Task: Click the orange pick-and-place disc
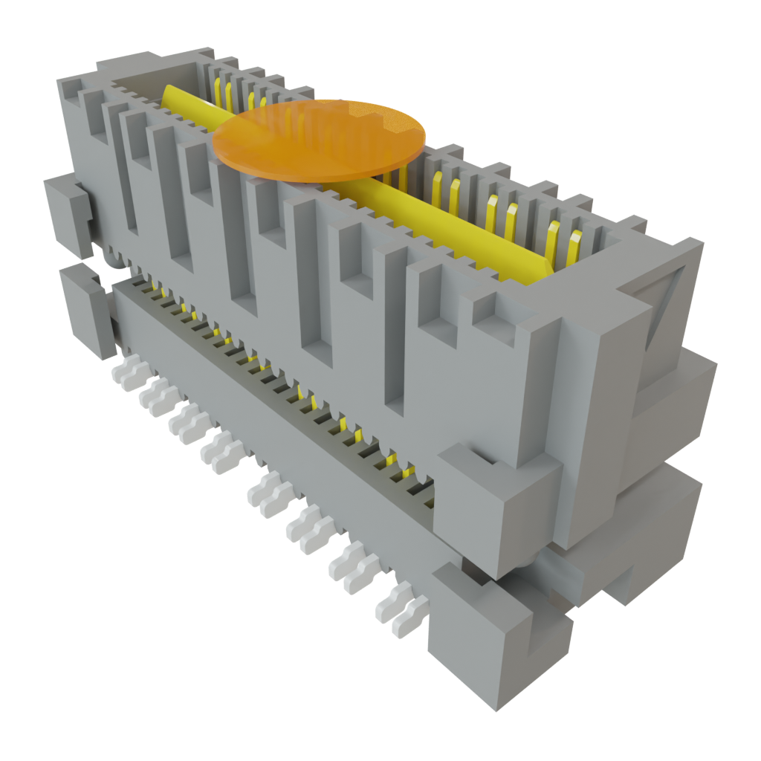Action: pos(320,140)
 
